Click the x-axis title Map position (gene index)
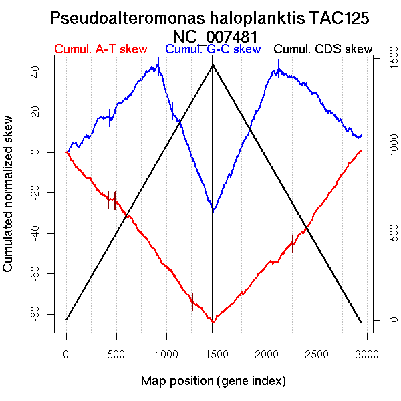coord(213,381)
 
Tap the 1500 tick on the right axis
coord(386,60)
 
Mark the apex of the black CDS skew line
coord(213,65)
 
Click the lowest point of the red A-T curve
coord(213,321)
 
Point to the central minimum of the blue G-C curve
coord(213,209)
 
